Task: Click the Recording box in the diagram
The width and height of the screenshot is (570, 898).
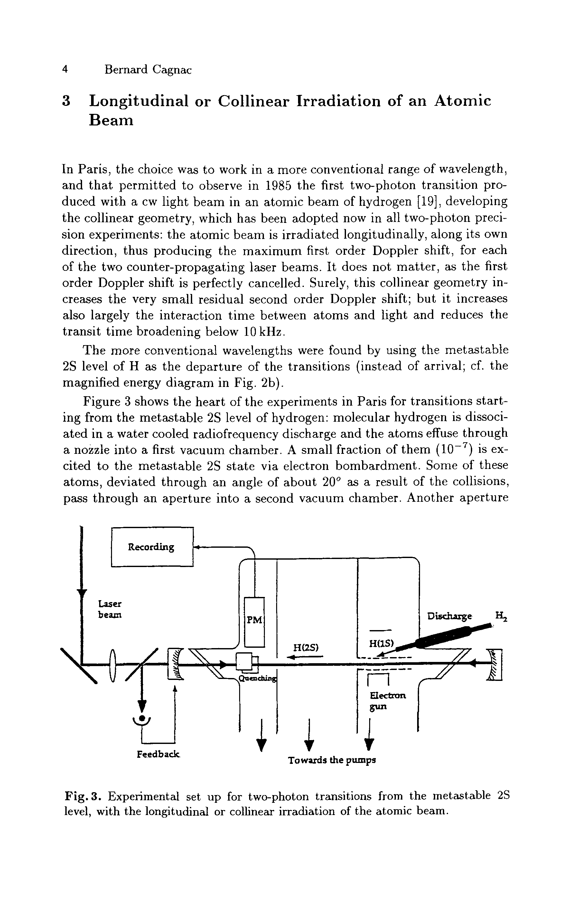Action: [x=152, y=547]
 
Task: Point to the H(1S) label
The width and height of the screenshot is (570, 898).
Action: [x=381, y=643]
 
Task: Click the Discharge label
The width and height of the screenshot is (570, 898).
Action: [x=450, y=617]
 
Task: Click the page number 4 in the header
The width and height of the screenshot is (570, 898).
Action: [x=65, y=70]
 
